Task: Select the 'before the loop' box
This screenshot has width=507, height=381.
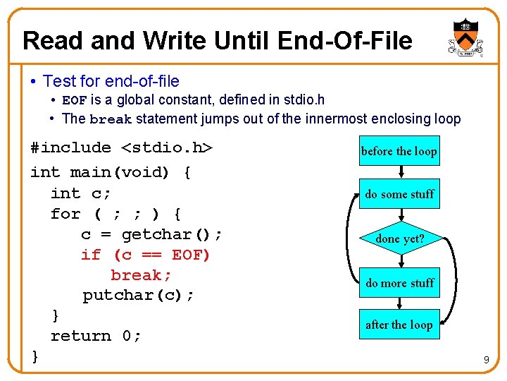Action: point(399,151)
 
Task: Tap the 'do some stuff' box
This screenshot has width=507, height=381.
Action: point(399,194)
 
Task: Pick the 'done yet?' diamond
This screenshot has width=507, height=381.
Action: point(399,239)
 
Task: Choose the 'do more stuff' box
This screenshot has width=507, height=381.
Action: point(399,283)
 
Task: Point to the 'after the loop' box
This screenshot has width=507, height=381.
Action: point(399,325)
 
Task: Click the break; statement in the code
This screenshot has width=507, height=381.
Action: point(142,274)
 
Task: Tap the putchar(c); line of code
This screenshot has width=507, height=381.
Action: point(138,295)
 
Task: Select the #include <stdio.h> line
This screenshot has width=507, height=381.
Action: point(121,148)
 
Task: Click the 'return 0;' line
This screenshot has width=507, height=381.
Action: point(96,336)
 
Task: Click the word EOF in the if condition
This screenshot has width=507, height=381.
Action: point(191,254)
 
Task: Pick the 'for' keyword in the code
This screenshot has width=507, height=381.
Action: point(65,213)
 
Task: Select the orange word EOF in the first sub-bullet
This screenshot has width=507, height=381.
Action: point(75,101)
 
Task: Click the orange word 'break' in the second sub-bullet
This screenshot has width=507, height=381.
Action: point(111,119)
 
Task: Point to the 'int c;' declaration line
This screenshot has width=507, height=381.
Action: point(81,193)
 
